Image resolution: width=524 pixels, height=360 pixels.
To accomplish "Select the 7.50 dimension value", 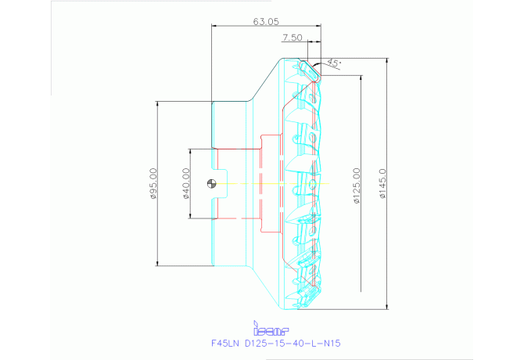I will (292, 37).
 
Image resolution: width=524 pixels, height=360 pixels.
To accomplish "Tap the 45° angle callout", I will (334, 63).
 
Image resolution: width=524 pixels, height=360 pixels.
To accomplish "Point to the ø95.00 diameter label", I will (153, 183).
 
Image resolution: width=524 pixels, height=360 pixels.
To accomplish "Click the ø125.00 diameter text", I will (356, 186).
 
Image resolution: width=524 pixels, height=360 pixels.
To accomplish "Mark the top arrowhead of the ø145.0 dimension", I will (387, 59).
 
